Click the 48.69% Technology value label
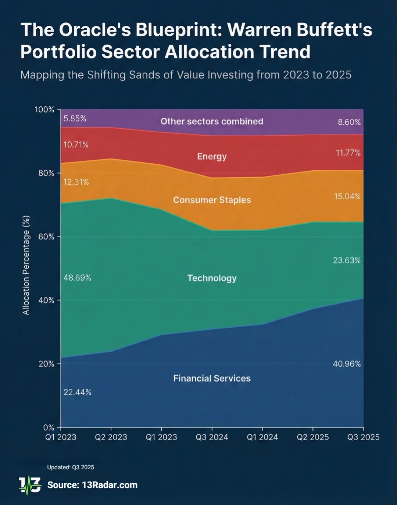(x=77, y=278)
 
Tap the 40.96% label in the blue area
(x=347, y=364)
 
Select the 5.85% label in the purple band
(x=75, y=118)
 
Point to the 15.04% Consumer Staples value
(x=347, y=196)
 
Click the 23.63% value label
(x=347, y=260)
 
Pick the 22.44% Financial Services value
(x=77, y=392)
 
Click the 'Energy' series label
(x=212, y=156)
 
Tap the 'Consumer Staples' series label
(x=212, y=200)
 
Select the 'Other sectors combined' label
(x=212, y=121)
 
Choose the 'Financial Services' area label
(x=212, y=378)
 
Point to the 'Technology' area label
(x=212, y=278)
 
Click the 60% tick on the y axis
(x=46, y=237)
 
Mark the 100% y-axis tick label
(x=44, y=110)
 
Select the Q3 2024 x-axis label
(x=212, y=437)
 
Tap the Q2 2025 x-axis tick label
(x=313, y=437)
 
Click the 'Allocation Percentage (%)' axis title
(x=26, y=265)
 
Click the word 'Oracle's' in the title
(x=95, y=30)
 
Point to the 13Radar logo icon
(x=30, y=486)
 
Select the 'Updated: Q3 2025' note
(x=71, y=467)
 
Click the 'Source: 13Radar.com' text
(x=92, y=485)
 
